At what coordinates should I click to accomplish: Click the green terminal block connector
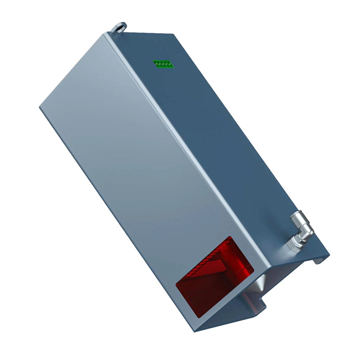tap(163, 64)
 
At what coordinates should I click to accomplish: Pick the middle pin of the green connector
tap(163, 64)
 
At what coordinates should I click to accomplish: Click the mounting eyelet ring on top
tap(119, 27)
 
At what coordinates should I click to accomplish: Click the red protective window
tap(212, 277)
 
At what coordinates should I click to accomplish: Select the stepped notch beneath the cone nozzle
tap(257, 306)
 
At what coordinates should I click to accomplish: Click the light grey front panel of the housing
tap(137, 162)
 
